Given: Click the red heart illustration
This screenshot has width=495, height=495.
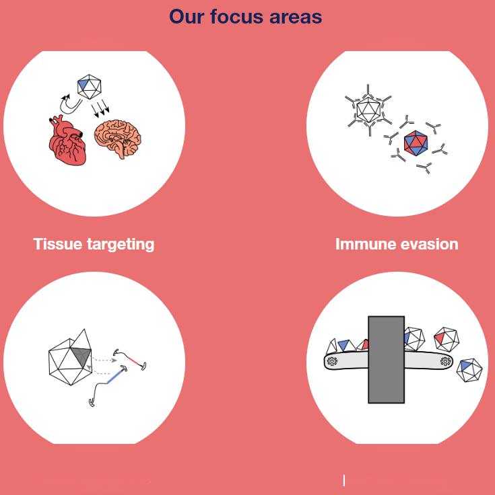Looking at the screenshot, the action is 67,141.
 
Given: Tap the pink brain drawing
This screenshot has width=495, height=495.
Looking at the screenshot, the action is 118,138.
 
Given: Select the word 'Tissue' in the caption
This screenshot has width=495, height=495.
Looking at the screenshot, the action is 57,244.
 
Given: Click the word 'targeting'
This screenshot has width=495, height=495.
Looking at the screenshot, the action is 121,245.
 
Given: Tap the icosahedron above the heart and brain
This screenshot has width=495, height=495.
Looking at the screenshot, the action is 89,87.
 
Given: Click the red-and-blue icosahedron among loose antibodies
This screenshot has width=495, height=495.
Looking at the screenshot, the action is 416,143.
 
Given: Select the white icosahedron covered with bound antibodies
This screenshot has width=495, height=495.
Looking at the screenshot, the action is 368,110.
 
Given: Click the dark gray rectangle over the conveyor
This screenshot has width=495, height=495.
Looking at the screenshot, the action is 387,360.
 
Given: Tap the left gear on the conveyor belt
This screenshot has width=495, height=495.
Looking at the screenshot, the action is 332,361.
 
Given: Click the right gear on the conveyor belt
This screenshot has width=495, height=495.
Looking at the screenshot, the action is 445,361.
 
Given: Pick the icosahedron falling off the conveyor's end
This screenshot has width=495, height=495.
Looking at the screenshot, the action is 469,370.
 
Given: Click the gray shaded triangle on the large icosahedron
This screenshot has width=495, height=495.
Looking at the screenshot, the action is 81,356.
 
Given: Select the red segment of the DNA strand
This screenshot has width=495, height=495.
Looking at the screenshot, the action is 135,362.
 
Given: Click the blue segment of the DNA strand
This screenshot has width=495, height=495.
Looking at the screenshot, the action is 114,377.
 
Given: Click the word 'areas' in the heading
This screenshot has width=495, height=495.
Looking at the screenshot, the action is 296,16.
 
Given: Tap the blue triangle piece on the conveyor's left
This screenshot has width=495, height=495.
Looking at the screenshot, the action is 344,345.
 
